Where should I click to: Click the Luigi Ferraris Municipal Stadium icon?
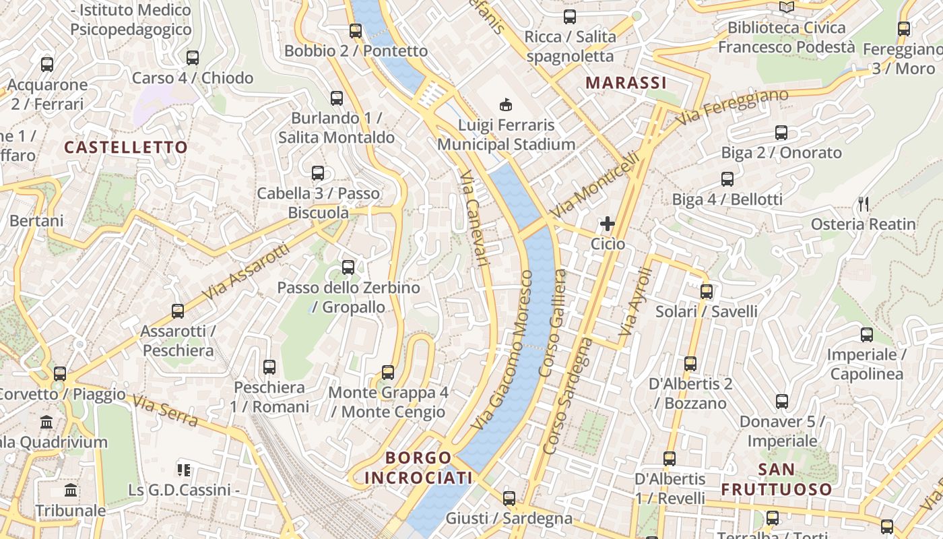(x=505, y=104)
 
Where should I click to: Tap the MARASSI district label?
(x=626, y=83)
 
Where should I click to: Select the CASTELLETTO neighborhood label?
(x=126, y=147)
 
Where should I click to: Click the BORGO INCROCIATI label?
(x=418, y=468)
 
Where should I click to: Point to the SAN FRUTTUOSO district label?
(x=777, y=479)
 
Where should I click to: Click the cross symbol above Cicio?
(x=608, y=223)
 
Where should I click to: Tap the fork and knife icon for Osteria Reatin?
(x=864, y=203)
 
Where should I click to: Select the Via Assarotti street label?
(x=245, y=272)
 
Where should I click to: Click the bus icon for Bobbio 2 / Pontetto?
(x=356, y=30)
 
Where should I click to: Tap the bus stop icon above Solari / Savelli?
(x=706, y=291)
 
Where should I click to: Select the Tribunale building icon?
(x=71, y=490)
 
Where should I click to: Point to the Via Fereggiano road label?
(x=732, y=107)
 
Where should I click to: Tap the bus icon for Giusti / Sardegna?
(x=509, y=498)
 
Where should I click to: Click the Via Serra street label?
(x=165, y=412)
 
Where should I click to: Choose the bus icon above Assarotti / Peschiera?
(x=178, y=311)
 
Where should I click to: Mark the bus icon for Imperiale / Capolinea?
(x=866, y=334)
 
